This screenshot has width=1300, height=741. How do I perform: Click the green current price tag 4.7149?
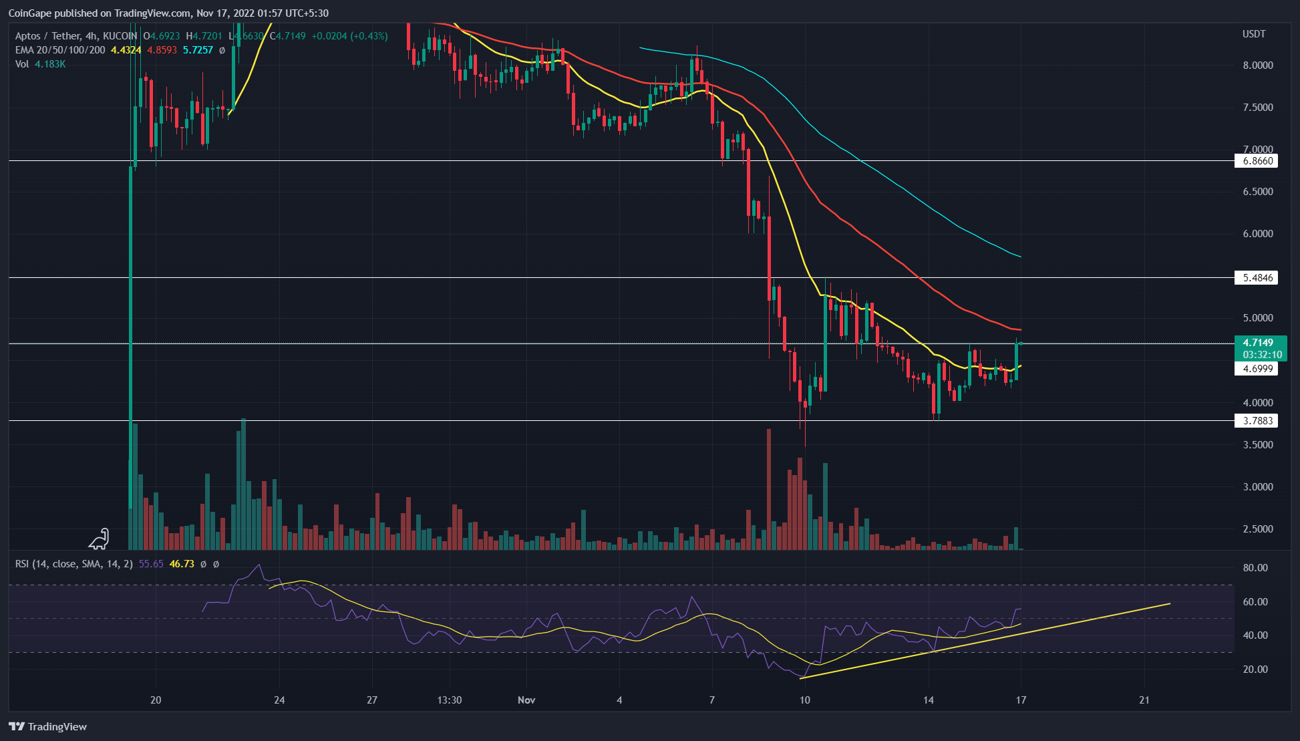click(x=1258, y=343)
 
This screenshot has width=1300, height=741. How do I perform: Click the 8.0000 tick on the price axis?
click(x=1257, y=65)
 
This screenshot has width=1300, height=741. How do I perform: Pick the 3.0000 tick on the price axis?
click(x=1257, y=487)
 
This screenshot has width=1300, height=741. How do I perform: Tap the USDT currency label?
click(x=1253, y=34)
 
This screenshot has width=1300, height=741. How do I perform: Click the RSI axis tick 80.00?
click(x=1255, y=568)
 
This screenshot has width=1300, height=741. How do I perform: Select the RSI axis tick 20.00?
click(x=1255, y=670)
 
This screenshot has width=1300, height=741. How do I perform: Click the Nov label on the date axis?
click(x=526, y=700)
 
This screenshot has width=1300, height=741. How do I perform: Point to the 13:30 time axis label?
click(x=450, y=700)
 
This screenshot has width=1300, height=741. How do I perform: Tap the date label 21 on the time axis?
click(x=1144, y=700)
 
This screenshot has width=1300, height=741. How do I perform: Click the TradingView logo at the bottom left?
click(x=48, y=727)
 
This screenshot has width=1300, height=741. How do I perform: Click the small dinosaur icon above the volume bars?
click(x=100, y=539)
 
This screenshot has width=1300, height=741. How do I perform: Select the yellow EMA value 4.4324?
click(x=126, y=50)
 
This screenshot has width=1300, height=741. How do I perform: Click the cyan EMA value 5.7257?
click(x=198, y=50)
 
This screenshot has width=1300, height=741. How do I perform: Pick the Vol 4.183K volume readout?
click(x=41, y=64)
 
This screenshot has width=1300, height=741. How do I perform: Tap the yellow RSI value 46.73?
click(x=182, y=564)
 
